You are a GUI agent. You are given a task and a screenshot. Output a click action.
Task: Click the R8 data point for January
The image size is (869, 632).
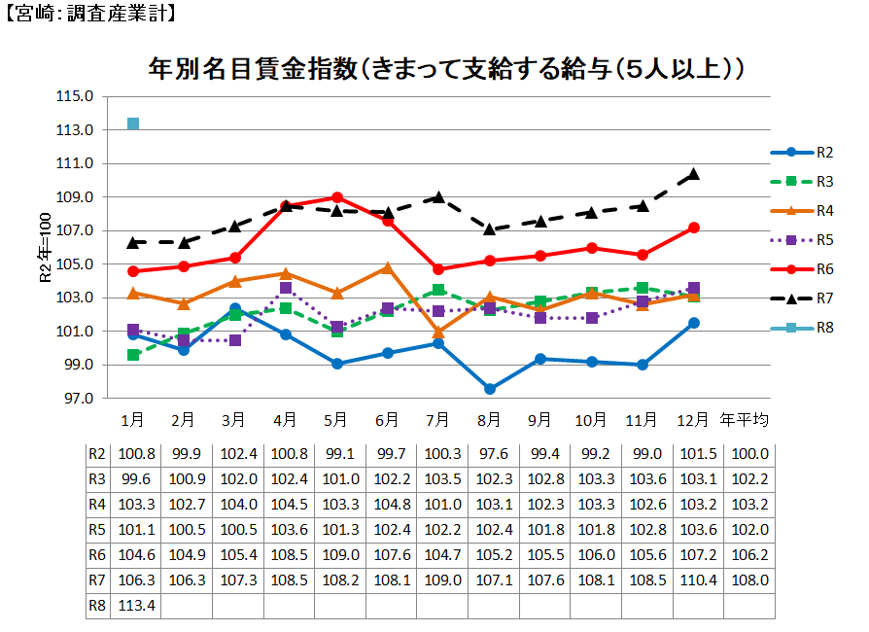pyautogui.click(x=133, y=123)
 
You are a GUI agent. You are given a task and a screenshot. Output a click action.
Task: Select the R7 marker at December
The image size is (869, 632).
pyautogui.click(x=694, y=174)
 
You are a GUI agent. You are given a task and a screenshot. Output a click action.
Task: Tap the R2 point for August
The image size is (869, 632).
pyautogui.click(x=489, y=389)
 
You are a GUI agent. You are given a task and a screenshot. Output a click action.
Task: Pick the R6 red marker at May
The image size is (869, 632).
pyautogui.click(x=336, y=197)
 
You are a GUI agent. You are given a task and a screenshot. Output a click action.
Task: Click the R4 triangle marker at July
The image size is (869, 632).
pyautogui.click(x=438, y=332)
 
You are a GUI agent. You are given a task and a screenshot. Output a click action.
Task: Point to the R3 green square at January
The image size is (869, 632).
pyautogui.click(x=133, y=355)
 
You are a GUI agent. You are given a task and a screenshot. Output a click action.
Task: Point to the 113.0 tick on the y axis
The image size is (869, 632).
pyautogui.click(x=76, y=130)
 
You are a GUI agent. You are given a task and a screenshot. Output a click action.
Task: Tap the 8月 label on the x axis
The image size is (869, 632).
pyautogui.click(x=489, y=421)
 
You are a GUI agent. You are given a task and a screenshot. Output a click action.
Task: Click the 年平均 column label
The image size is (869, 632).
pyautogui.click(x=745, y=421)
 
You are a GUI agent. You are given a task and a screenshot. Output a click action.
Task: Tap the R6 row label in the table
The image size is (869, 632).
pyautogui.click(x=97, y=554)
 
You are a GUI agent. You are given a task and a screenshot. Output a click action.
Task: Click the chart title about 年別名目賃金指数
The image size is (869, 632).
pyautogui.click(x=446, y=70)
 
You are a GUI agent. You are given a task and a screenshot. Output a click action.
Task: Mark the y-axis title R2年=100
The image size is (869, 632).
pyautogui.click(x=45, y=248)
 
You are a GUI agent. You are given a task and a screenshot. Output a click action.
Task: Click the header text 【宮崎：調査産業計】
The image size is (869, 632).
pyautogui.click(x=89, y=15)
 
